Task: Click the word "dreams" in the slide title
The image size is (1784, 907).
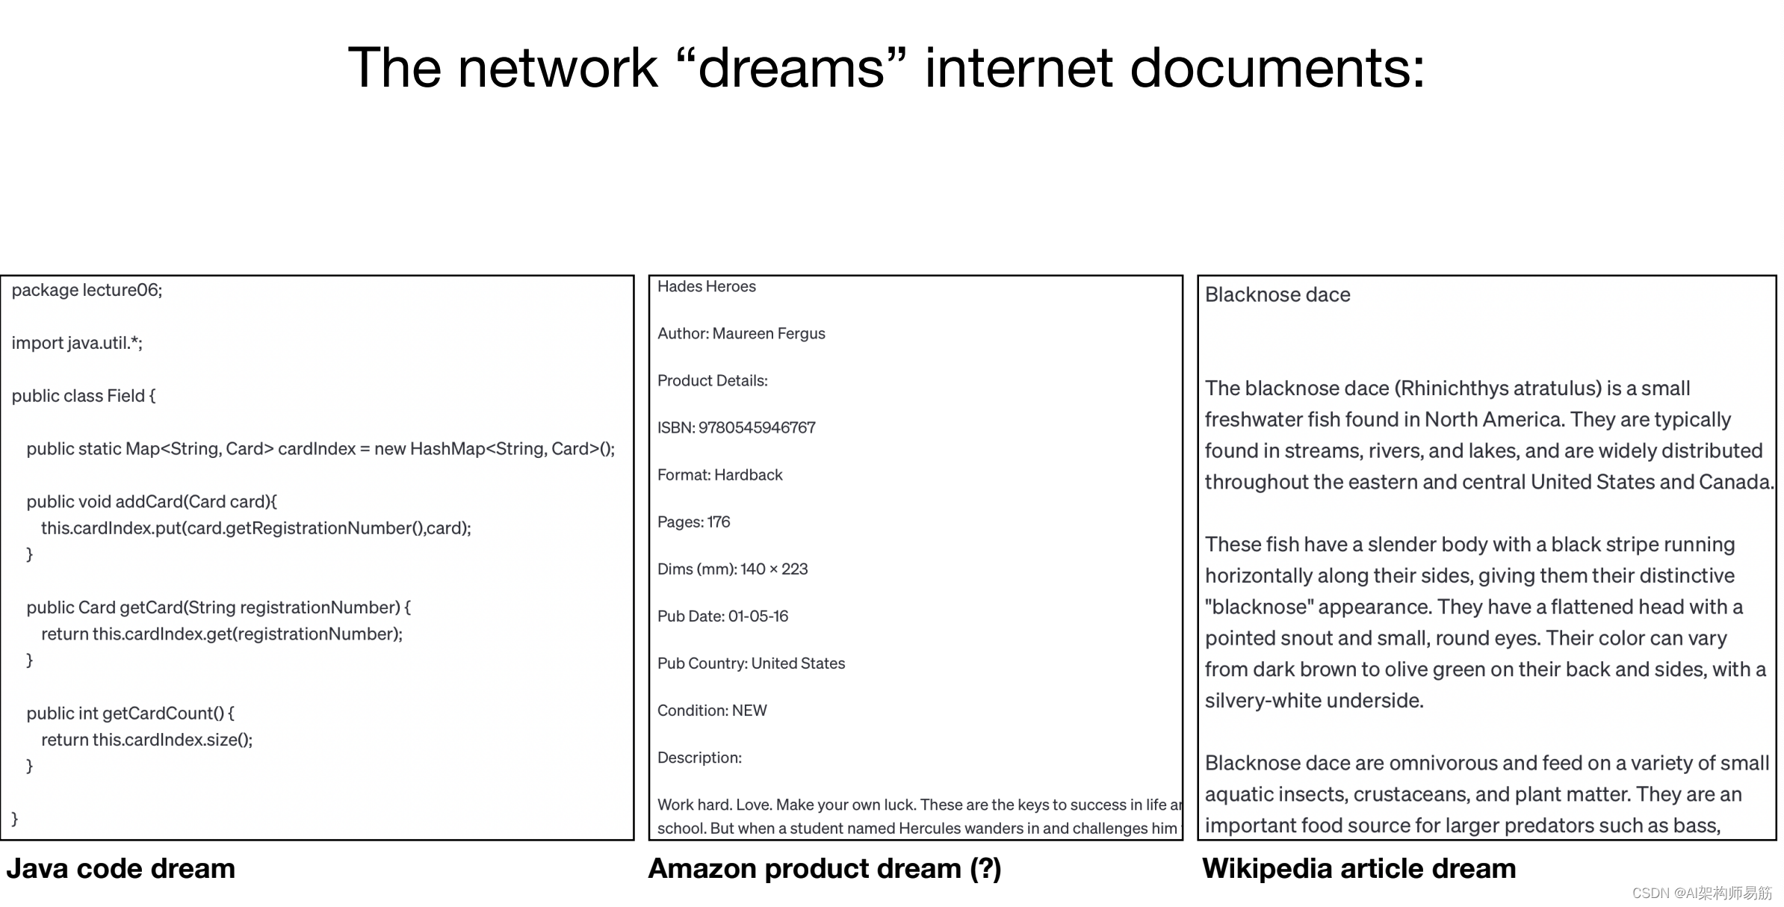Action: coord(792,69)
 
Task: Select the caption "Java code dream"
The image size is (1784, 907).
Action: coord(120,869)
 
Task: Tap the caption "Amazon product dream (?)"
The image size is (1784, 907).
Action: coord(824,869)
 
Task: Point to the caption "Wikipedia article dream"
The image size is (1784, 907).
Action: coord(1359,869)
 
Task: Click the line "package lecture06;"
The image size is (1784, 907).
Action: coord(87,290)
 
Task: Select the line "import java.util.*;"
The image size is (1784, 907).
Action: coord(77,343)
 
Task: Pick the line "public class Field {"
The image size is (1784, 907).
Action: coord(84,396)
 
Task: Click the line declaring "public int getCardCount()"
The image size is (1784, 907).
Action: coord(130,713)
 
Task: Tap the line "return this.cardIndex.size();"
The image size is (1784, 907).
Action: coord(146,740)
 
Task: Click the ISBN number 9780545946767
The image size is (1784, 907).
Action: coord(757,428)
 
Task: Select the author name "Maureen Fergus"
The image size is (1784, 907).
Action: coord(769,334)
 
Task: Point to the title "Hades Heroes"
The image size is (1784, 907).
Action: coord(706,287)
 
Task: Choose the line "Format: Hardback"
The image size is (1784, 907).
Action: coord(719,475)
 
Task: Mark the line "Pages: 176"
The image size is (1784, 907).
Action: coord(693,522)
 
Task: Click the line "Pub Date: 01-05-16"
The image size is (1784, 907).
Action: coord(722,616)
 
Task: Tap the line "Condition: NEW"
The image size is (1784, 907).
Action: coord(712,711)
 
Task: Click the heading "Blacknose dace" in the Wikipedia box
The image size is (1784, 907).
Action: coord(1277,295)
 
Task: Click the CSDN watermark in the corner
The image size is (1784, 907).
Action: coord(1701,894)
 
